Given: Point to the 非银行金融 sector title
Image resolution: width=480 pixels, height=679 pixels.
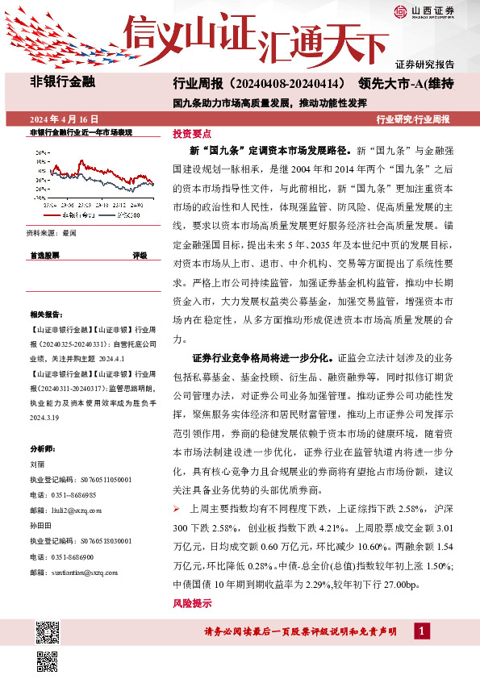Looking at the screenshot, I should click(62, 81).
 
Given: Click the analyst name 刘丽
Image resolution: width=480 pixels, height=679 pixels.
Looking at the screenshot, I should click(35, 464).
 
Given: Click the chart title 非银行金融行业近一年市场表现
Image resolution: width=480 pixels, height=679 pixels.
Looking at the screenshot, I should click(80, 131).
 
